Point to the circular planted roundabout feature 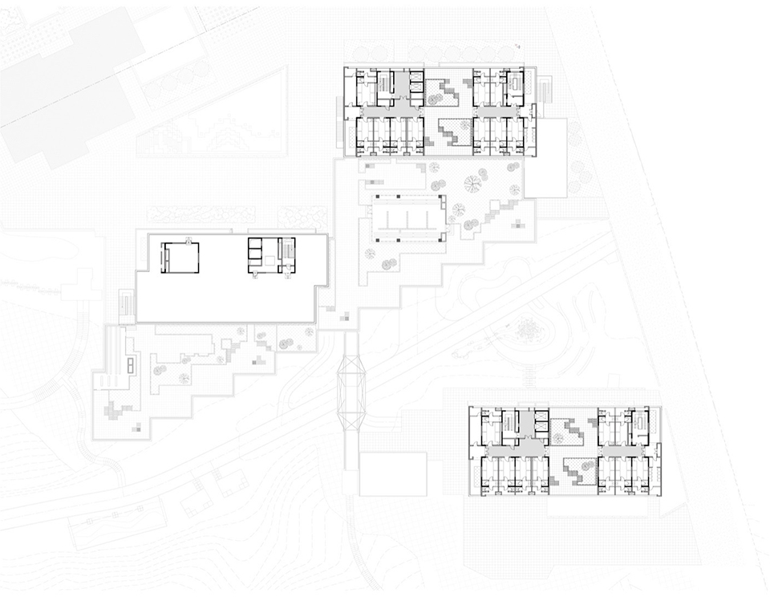529,329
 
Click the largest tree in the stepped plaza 472,184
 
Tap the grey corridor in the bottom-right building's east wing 626,453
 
